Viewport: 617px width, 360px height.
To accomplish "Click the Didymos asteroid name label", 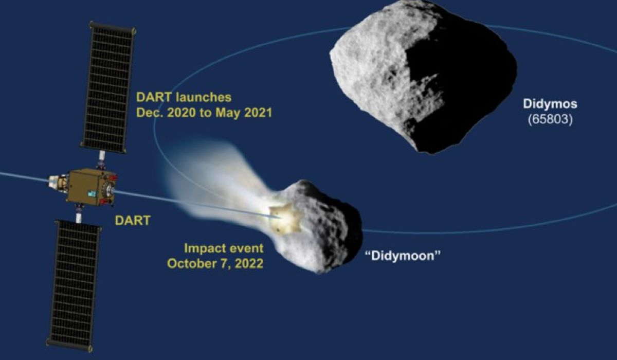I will click(550, 104).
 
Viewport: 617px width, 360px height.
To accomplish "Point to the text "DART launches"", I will click(184, 97).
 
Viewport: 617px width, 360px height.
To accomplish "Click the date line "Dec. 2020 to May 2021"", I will click(204, 113).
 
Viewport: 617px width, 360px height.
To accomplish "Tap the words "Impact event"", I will click(224, 248).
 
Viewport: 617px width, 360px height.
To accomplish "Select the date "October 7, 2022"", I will click(215, 264).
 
